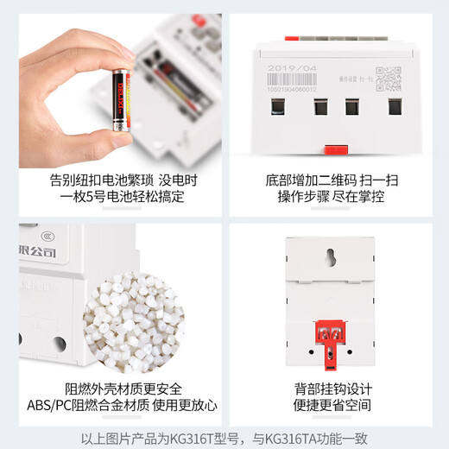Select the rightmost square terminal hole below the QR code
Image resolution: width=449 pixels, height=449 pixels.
tap(395, 108)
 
